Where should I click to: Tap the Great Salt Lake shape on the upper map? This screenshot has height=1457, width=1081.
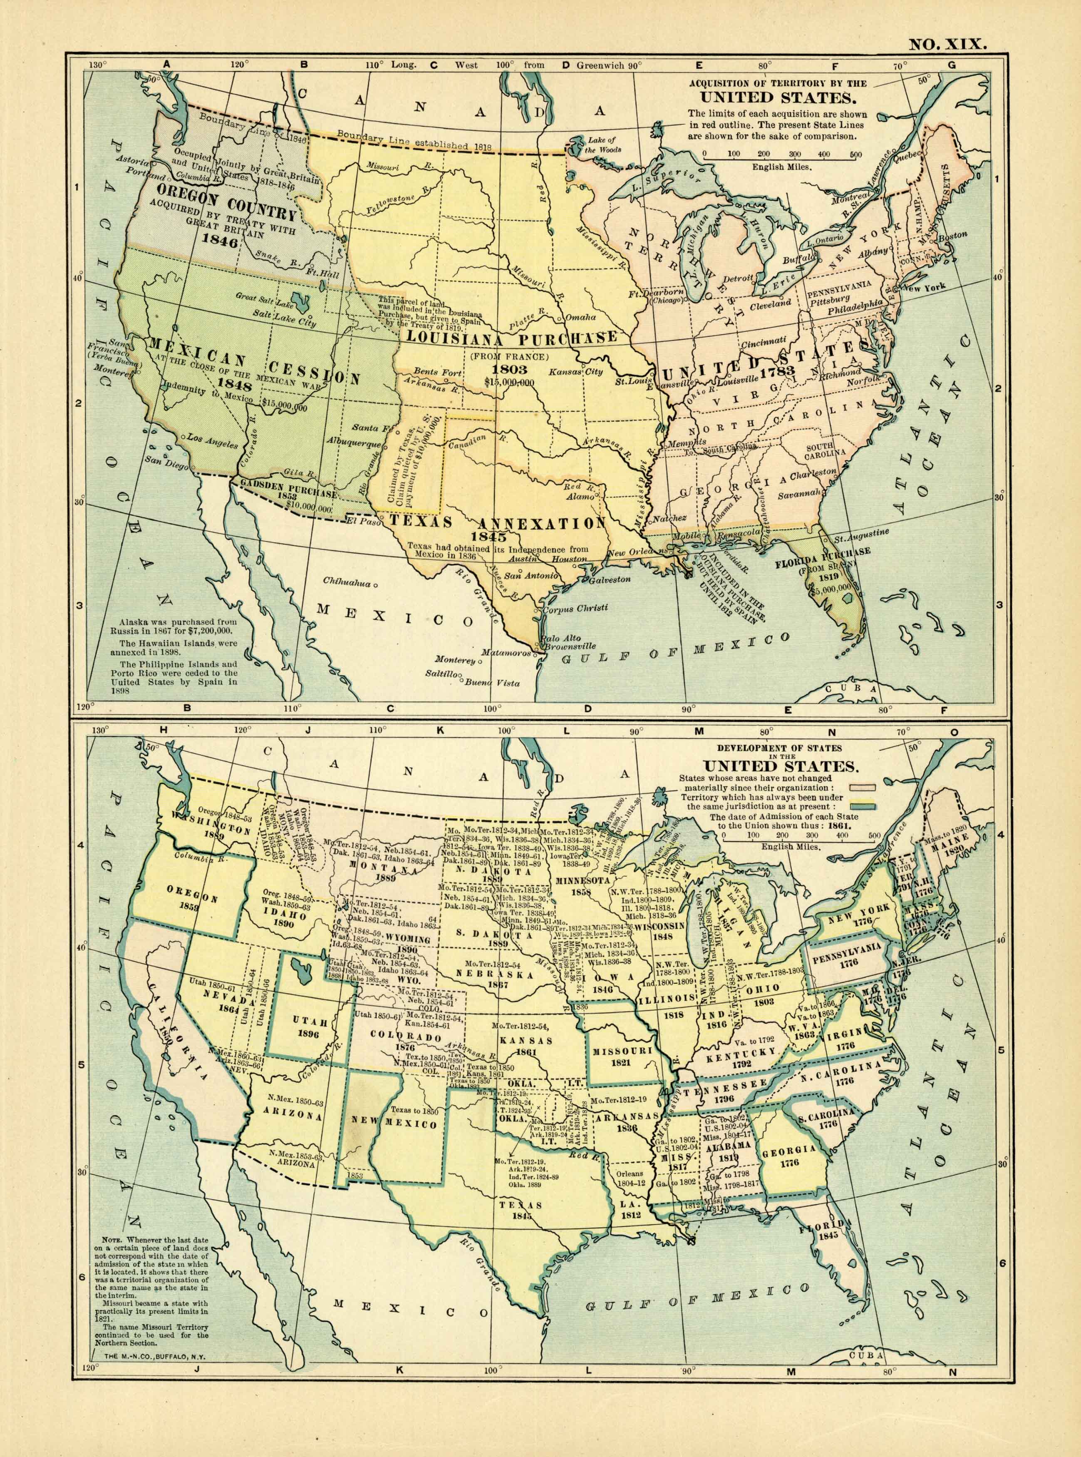pyautogui.click(x=302, y=302)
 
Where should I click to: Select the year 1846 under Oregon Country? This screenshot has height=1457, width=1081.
pyautogui.click(x=218, y=239)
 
